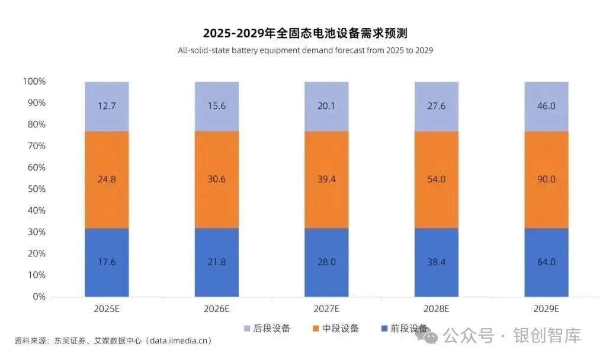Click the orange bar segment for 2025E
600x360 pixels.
pos(107,179)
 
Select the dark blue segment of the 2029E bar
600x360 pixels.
pos(546,262)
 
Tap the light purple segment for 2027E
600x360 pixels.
pos(326,107)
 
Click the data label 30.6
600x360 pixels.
pos(217,179)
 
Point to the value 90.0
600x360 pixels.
pos(546,179)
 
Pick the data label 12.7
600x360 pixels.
pos(107,107)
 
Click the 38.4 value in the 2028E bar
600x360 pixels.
pos(437,262)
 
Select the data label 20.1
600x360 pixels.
pos(326,107)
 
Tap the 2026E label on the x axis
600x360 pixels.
pos(217,309)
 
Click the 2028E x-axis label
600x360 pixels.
pos(437,309)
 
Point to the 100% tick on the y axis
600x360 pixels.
pos(34,81)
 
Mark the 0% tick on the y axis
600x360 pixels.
pos(39,297)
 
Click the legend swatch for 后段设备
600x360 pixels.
pos(247,328)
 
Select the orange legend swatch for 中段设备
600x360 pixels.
pos(315,328)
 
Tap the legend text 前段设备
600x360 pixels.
pos(409,328)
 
